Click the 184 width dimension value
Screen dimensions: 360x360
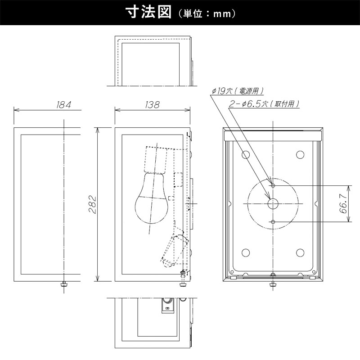pos(63,105)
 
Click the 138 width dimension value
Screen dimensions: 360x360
pos(152,105)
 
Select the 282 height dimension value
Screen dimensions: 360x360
pos(93,204)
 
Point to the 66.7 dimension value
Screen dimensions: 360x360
pos(343,204)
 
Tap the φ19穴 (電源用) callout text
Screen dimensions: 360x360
pos(238,91)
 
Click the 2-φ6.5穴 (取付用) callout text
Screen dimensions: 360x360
pos(264,104)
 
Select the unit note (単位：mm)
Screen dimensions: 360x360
pos(207,13)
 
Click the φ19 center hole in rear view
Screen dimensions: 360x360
pos(273,204)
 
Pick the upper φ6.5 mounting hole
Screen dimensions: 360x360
pos(273,185)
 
